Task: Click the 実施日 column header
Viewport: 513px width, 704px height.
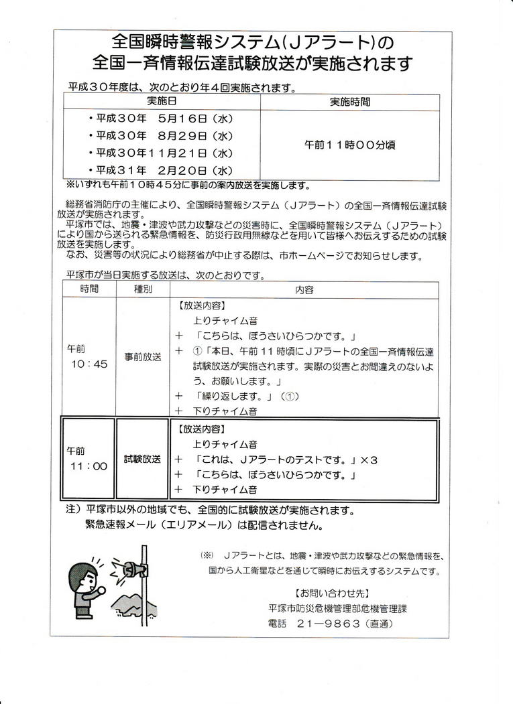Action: pos(161,102)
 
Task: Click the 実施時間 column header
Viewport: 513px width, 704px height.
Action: pos(349,102)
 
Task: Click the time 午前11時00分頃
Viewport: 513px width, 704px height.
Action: pos(349,145)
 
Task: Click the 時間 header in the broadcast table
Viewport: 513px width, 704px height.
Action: pos(89,289)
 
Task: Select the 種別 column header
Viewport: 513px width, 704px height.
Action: pos(143,289)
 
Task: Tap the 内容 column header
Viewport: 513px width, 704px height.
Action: pos(304,289)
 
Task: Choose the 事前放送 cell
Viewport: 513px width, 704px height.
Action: pos(143,357)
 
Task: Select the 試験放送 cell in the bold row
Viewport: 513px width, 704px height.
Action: pos(143,459)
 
